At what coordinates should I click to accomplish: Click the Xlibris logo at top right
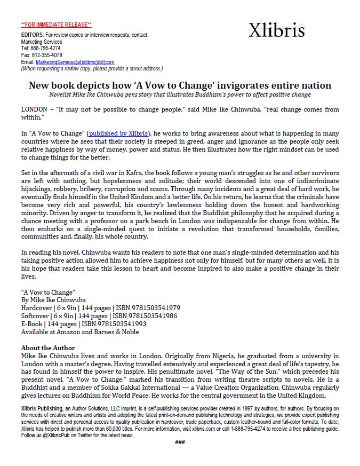pyautogui.click(x=276, y=31)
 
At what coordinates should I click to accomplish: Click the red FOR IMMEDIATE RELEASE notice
pyautogui.click(x=56, y=25)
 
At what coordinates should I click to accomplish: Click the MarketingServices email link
pyautogui.click(x=75, y=62)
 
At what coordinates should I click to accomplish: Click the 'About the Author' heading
pyautogui.click(x=48, y=348)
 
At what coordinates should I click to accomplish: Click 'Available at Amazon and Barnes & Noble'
pyautogui.click(x=80, y=331)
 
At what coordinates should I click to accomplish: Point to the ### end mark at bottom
pyautogui.click(x=180, y=442)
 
